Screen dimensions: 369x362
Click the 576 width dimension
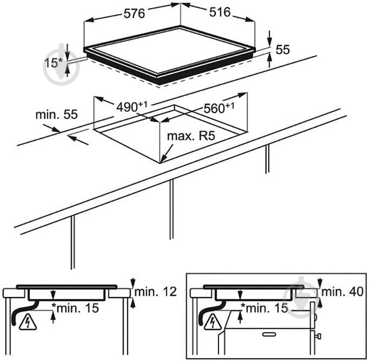tap(135, 14)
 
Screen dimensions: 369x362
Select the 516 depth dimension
tap(220, 12)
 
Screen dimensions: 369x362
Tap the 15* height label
tap(53, 63)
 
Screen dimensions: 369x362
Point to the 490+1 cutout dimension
tap(132, 107)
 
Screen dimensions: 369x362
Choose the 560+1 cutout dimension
tap(219, 108)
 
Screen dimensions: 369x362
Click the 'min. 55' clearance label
tap(57, 115)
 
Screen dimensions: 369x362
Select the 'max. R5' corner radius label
tap(191, 136)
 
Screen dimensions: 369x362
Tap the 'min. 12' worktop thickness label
tap(156, 292)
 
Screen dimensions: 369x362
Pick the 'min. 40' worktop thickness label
tap(342, 292)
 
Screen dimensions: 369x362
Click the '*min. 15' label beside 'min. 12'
tap(75, 308)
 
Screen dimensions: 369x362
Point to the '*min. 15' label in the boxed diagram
tap(265, 308)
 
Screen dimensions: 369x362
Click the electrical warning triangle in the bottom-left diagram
tap(28, 323)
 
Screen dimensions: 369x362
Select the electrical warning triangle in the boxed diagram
tap(213, 323)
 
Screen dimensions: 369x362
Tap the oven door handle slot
tap(269, 334)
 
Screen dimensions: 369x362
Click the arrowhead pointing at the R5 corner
tap(164, 159)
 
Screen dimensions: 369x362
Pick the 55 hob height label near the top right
tap(283, 50)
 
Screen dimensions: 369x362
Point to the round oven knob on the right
tap(319, 336)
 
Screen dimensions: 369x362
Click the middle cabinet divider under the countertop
tap(171, 209)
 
